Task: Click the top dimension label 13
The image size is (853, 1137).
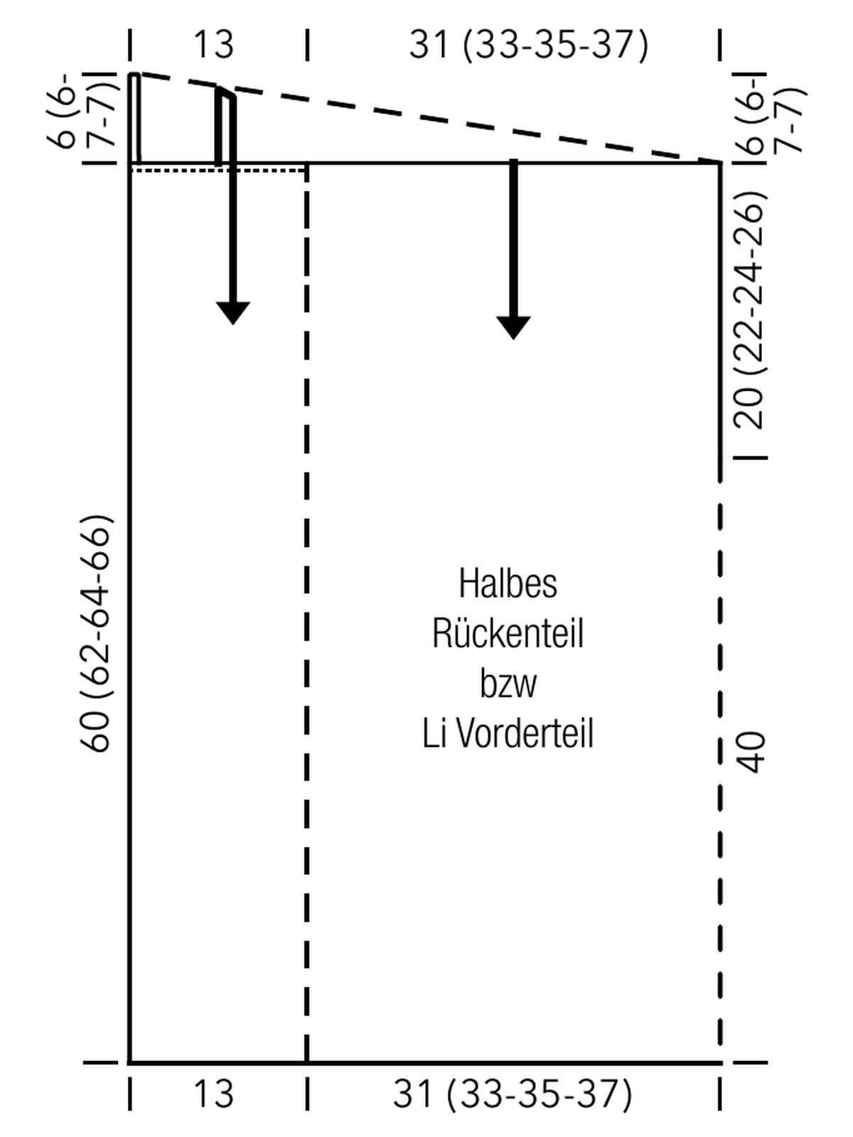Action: click(x=213, y=45)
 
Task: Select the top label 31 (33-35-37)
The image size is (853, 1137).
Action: click(x=529, y=45)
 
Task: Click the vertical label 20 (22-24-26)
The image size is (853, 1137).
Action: click(x=749, y=310)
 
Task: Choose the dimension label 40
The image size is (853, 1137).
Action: click(x=750, y=752)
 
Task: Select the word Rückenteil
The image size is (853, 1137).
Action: click(x=508, y=633)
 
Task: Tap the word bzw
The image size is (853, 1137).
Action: click(x=508, y=684)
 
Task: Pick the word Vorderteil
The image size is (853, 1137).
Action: click(x=525, y=733)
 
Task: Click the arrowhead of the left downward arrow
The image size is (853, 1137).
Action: click(x=233, y=313)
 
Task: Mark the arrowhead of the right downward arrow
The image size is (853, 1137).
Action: click(x=513, y=328)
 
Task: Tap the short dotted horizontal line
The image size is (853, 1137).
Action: click(x=218, y=170)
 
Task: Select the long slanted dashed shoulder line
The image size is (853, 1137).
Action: click(x=430, y=117)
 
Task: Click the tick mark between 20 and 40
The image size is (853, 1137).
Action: click(x=751, y=458)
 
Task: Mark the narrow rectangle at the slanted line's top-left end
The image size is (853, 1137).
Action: click(x=134, y=118)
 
